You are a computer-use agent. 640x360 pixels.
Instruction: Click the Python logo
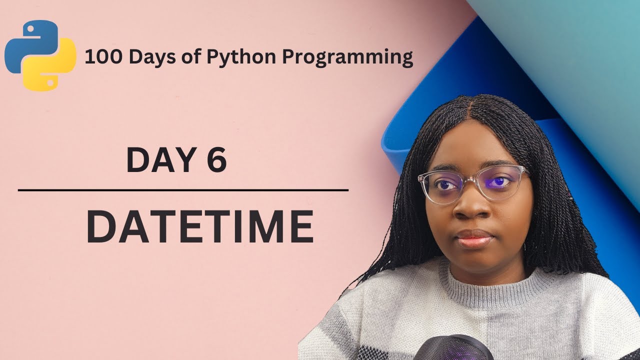[40, 55]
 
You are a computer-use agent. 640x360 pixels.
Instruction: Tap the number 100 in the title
[101, 57]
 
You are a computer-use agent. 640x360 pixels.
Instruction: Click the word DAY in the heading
[152, 160]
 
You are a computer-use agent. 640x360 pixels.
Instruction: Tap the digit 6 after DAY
[215, 160]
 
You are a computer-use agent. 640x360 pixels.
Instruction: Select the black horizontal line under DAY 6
[183, 190]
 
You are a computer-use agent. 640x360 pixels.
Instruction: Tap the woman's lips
[474, 238]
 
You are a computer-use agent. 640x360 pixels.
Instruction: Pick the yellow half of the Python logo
[52, 70]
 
